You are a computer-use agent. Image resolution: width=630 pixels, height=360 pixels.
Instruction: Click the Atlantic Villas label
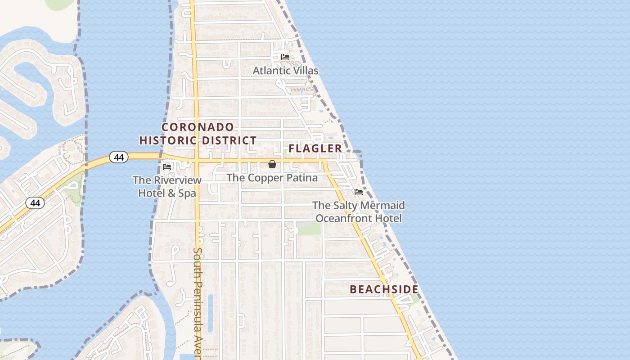point(285,71)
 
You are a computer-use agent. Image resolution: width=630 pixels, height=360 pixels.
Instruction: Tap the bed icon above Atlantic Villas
point(285,57)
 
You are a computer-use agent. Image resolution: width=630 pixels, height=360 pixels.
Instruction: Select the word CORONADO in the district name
point(198,127)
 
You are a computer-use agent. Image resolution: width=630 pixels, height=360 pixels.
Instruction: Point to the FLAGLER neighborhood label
point(315,148)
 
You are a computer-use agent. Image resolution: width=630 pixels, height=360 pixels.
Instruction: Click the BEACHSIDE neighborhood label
point(384,289)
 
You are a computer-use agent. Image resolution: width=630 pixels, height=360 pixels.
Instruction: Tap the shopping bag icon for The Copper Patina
point(272,164)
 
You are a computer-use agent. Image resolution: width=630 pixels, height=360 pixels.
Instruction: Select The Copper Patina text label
point(272,178)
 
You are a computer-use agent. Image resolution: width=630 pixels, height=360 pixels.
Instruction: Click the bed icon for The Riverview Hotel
point(167,166)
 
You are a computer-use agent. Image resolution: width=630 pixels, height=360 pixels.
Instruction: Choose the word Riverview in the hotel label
point(177,180)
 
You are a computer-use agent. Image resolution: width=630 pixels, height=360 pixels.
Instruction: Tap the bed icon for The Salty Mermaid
point(359,192)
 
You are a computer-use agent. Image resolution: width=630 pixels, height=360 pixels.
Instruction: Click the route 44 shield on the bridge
point(119,157)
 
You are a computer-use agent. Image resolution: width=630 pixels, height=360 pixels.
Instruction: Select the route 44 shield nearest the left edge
point(35,203)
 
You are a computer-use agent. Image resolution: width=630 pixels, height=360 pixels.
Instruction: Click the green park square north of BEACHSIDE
point(310,228)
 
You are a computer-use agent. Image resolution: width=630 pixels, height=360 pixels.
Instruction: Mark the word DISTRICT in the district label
point(229,140)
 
